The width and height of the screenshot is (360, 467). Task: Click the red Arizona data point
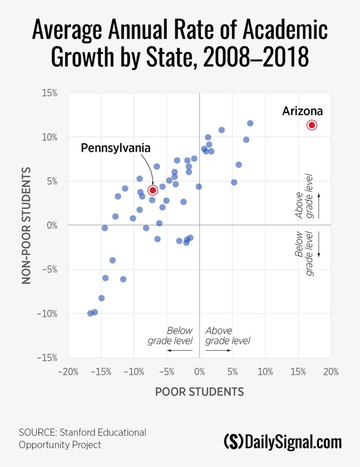pyautogui.click(x=312, y=125)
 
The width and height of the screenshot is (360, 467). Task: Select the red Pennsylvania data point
pyautogui.click(x=153, y=190)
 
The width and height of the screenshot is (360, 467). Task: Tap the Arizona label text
pyautogui.click(x=302, y=111)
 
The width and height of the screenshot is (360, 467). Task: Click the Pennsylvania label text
pyautogui.click(x=116, y=148)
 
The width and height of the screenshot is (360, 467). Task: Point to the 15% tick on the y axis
pyautogui.click(x=48, y=93)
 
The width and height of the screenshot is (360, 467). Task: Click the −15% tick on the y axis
pyautogui.click(x=46, y=358)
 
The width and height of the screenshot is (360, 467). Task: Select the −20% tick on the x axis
pyautogui.click(x=67, y=372)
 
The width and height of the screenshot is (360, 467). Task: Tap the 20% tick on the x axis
pyautogui.click(x=330, y=372)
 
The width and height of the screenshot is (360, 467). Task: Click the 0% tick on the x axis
pyautogui.click(x=200, y=372)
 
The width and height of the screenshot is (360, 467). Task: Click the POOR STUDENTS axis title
pyautogui.click(x=199, y=392)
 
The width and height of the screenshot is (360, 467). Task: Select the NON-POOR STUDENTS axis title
pyautogui.click(x=27, y=225)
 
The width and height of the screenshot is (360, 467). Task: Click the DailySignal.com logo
pyautogui.click(x=283, y=442)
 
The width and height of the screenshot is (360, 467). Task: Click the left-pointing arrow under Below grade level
pyautogui.click(x=180, y=350)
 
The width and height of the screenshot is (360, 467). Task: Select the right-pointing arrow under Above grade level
pyautogui.click(x=219, y=350)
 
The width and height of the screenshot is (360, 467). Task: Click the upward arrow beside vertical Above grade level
pyautogui.click(x=319, y=205)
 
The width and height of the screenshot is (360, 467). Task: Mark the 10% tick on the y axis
pyautogui.click(x=48, y=137)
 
